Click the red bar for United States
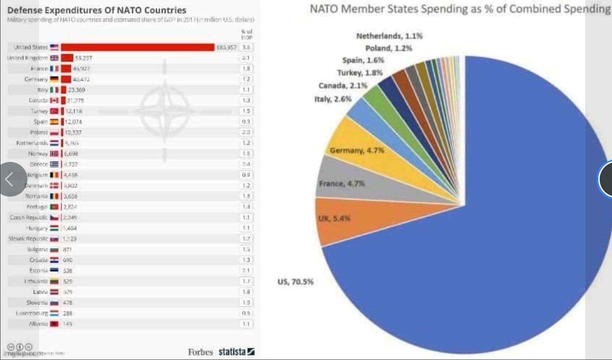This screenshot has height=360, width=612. (137, 47)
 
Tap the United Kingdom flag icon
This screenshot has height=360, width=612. (54, 58)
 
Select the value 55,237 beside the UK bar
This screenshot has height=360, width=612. (83, 58)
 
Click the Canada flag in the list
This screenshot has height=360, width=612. (54, 100)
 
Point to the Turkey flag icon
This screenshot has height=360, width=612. (54, 111)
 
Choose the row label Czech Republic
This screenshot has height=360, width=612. (29, 218)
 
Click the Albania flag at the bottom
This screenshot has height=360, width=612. (54, 324)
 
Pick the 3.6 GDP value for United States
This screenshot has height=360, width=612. (246, 47)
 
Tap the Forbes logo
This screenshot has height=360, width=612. (200, 352)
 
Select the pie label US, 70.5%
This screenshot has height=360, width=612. (296, 282)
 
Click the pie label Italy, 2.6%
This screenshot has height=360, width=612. (333, 99)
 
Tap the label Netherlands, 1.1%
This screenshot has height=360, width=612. (389, 36)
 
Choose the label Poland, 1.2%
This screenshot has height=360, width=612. (388, 48)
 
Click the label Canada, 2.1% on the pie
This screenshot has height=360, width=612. (342, 86)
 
